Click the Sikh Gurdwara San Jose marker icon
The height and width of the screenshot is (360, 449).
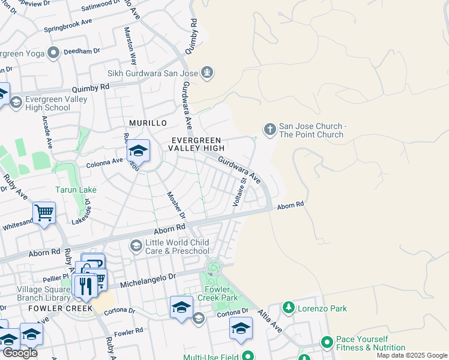click(208, 73)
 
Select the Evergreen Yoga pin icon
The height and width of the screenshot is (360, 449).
click(54, 53)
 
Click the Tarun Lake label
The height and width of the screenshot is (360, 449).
click(76, 190)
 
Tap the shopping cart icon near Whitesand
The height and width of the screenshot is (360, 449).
click(44, 212)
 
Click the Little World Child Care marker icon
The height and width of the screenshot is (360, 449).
click(136, 245)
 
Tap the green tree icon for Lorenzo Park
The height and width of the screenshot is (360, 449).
click(289, 308)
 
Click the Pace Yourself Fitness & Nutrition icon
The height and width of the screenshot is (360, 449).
click(327, 343)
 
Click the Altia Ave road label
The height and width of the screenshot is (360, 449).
click(270, 321)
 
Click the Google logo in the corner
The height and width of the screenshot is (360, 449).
click(20, 353)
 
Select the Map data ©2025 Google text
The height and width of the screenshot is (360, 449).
click(411, 355)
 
